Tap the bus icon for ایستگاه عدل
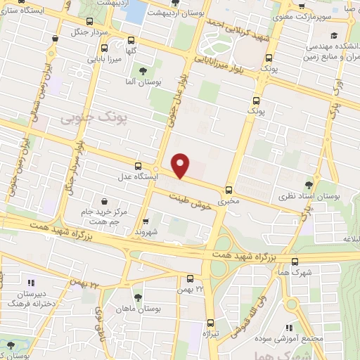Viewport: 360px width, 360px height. click(138, 165)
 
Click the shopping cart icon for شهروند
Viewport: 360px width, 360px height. click(148, 220)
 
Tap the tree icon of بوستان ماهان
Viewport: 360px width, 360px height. click(138, 297)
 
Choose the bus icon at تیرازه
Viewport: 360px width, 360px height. click(210, 323)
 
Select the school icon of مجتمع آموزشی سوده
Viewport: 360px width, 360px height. click(289, 328)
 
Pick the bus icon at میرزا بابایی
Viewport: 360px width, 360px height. click(104, 49)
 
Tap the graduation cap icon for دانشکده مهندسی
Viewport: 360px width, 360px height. click(334, 34)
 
